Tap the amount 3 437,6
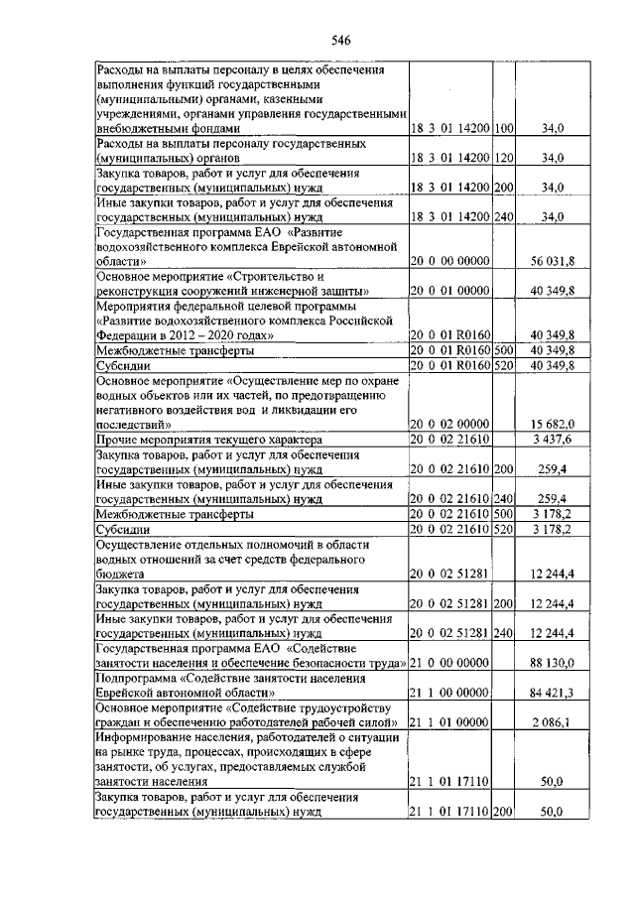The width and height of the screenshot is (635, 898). [x=553, y=440]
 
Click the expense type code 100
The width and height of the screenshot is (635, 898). [x=504, y=128]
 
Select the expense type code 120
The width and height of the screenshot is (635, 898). [x=504, y=158]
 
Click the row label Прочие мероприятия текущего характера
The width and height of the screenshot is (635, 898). [x=208, y=440]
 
